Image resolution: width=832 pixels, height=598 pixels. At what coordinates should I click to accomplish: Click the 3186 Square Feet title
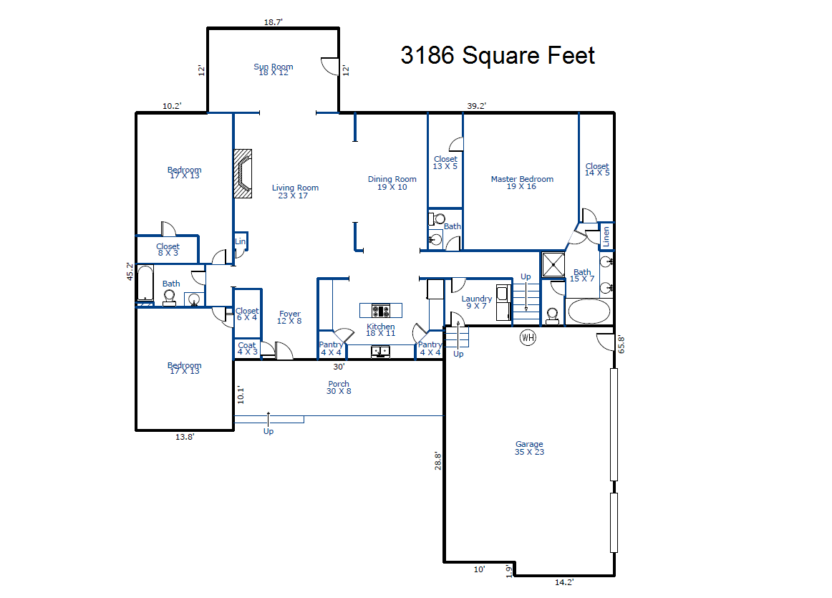click(x=498, y=55)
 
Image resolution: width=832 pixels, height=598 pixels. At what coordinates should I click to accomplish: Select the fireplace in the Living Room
click(x=243, y=173)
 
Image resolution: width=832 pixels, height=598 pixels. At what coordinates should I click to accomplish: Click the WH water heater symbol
click(x=528, y=337)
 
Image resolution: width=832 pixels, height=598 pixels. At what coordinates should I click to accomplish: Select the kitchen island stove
click(x=380, y=310)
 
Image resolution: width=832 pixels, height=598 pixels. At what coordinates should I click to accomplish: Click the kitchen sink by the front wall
click(x=380, y=351)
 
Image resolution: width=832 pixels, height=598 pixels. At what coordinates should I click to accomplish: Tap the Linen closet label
click(x=606, y=236)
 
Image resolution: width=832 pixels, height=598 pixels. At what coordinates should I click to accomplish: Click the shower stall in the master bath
click(x=553, y=264)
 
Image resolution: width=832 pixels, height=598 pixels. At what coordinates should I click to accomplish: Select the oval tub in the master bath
click(x=589, y=311)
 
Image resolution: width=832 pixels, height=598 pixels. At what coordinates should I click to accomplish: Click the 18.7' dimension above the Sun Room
click(x=274, y=21)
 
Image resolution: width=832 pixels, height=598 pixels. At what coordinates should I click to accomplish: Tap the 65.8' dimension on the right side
click(x=621, y=344)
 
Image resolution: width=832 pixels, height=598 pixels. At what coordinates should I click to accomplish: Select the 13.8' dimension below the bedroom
click(x=185, y=437)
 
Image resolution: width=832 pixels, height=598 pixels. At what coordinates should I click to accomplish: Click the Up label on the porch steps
click(x=269, y=431)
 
